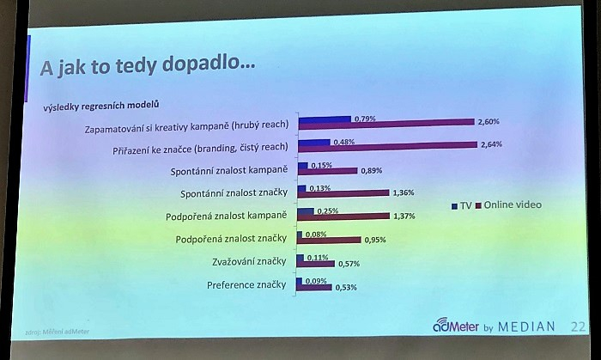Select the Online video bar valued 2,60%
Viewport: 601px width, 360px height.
coord(385,122)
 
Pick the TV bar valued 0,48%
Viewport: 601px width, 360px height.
coord(313,141)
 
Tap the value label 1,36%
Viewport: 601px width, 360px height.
coord(402,192)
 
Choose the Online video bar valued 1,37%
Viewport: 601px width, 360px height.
coord(342,216)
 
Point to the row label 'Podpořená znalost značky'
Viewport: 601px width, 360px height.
coord(232,239)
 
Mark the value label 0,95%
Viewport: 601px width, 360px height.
coord(376,241)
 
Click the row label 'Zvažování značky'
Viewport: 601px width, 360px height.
coord(249,262)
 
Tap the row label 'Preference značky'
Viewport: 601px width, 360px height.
coord(247,284)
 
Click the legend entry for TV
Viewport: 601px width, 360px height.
coord(460,205)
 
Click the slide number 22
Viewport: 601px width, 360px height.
coord(579,326)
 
